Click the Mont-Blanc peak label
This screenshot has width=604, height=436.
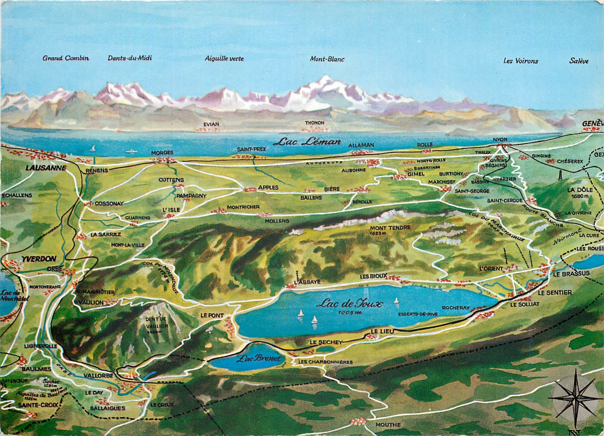pos(327,59)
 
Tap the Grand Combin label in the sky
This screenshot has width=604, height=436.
pos(66,58)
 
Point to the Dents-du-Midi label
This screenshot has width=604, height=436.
pos(130,58)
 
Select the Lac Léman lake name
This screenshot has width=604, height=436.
pos(309,141)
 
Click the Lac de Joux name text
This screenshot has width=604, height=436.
pos(350,304)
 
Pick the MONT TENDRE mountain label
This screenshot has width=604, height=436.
pos(390,228)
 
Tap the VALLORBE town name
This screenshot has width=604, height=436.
pos(98,376)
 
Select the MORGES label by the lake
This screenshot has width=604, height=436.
pos(162,152)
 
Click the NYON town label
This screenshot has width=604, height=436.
pos(500,139)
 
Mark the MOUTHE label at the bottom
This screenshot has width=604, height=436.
pos(388,425)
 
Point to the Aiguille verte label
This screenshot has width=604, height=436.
pos(224,59)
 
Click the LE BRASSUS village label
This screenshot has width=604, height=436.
pos(571,274)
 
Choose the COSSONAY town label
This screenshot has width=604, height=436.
pos(109,203)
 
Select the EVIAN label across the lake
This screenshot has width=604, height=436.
pos(211,124)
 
